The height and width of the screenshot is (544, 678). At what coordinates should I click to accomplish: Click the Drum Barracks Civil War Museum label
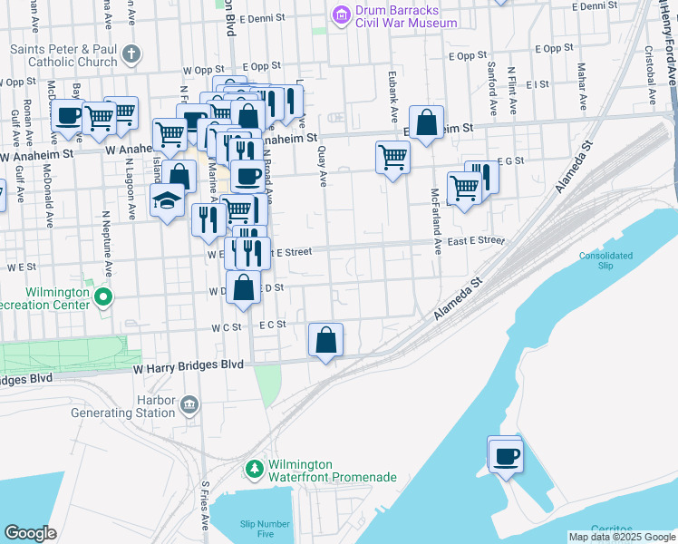[405, 15]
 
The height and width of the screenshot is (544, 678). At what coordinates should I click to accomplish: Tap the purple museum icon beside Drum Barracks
[341, 15]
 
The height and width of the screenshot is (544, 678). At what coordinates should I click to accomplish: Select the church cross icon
[131, 53]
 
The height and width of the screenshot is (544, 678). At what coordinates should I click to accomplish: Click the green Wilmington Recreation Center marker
[104, 296]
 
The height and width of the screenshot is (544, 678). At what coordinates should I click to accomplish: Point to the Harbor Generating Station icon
[189, 403]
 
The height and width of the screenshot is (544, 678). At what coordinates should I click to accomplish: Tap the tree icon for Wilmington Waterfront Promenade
[256, 469]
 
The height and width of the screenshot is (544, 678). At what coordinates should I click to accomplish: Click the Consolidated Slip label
[605, 261]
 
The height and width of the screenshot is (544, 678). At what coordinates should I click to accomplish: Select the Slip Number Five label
[265, 529]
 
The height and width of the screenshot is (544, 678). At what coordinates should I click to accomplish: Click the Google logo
[30, 533]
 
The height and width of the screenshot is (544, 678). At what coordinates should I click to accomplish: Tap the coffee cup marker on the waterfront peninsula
[505, 454]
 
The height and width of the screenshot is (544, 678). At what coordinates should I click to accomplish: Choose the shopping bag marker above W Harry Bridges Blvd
[326, 341]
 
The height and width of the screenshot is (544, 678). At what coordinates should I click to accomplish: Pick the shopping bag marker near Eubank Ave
[425, 124]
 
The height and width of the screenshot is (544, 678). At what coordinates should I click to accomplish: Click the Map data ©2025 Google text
[622, 537]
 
